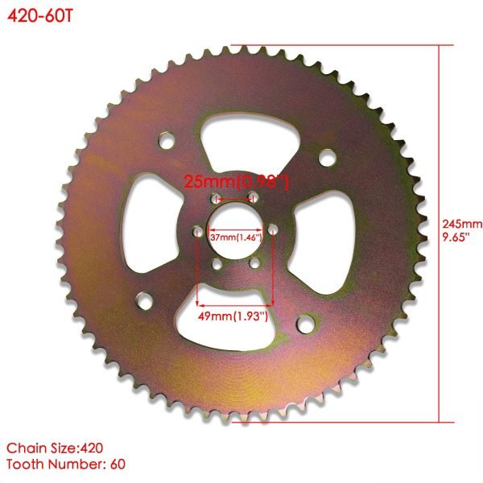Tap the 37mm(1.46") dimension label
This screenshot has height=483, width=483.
[x=235, y=238]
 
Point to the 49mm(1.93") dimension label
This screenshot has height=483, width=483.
[x=234, y=316]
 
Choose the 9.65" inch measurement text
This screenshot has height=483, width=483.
[x=460, y=236]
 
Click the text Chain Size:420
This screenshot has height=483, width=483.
[x=55, y=447]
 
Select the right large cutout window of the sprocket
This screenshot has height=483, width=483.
[x=322, y=233]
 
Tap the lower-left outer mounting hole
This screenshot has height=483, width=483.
[x=144, y=302]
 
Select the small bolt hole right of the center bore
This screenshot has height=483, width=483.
[x=274, y=230]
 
